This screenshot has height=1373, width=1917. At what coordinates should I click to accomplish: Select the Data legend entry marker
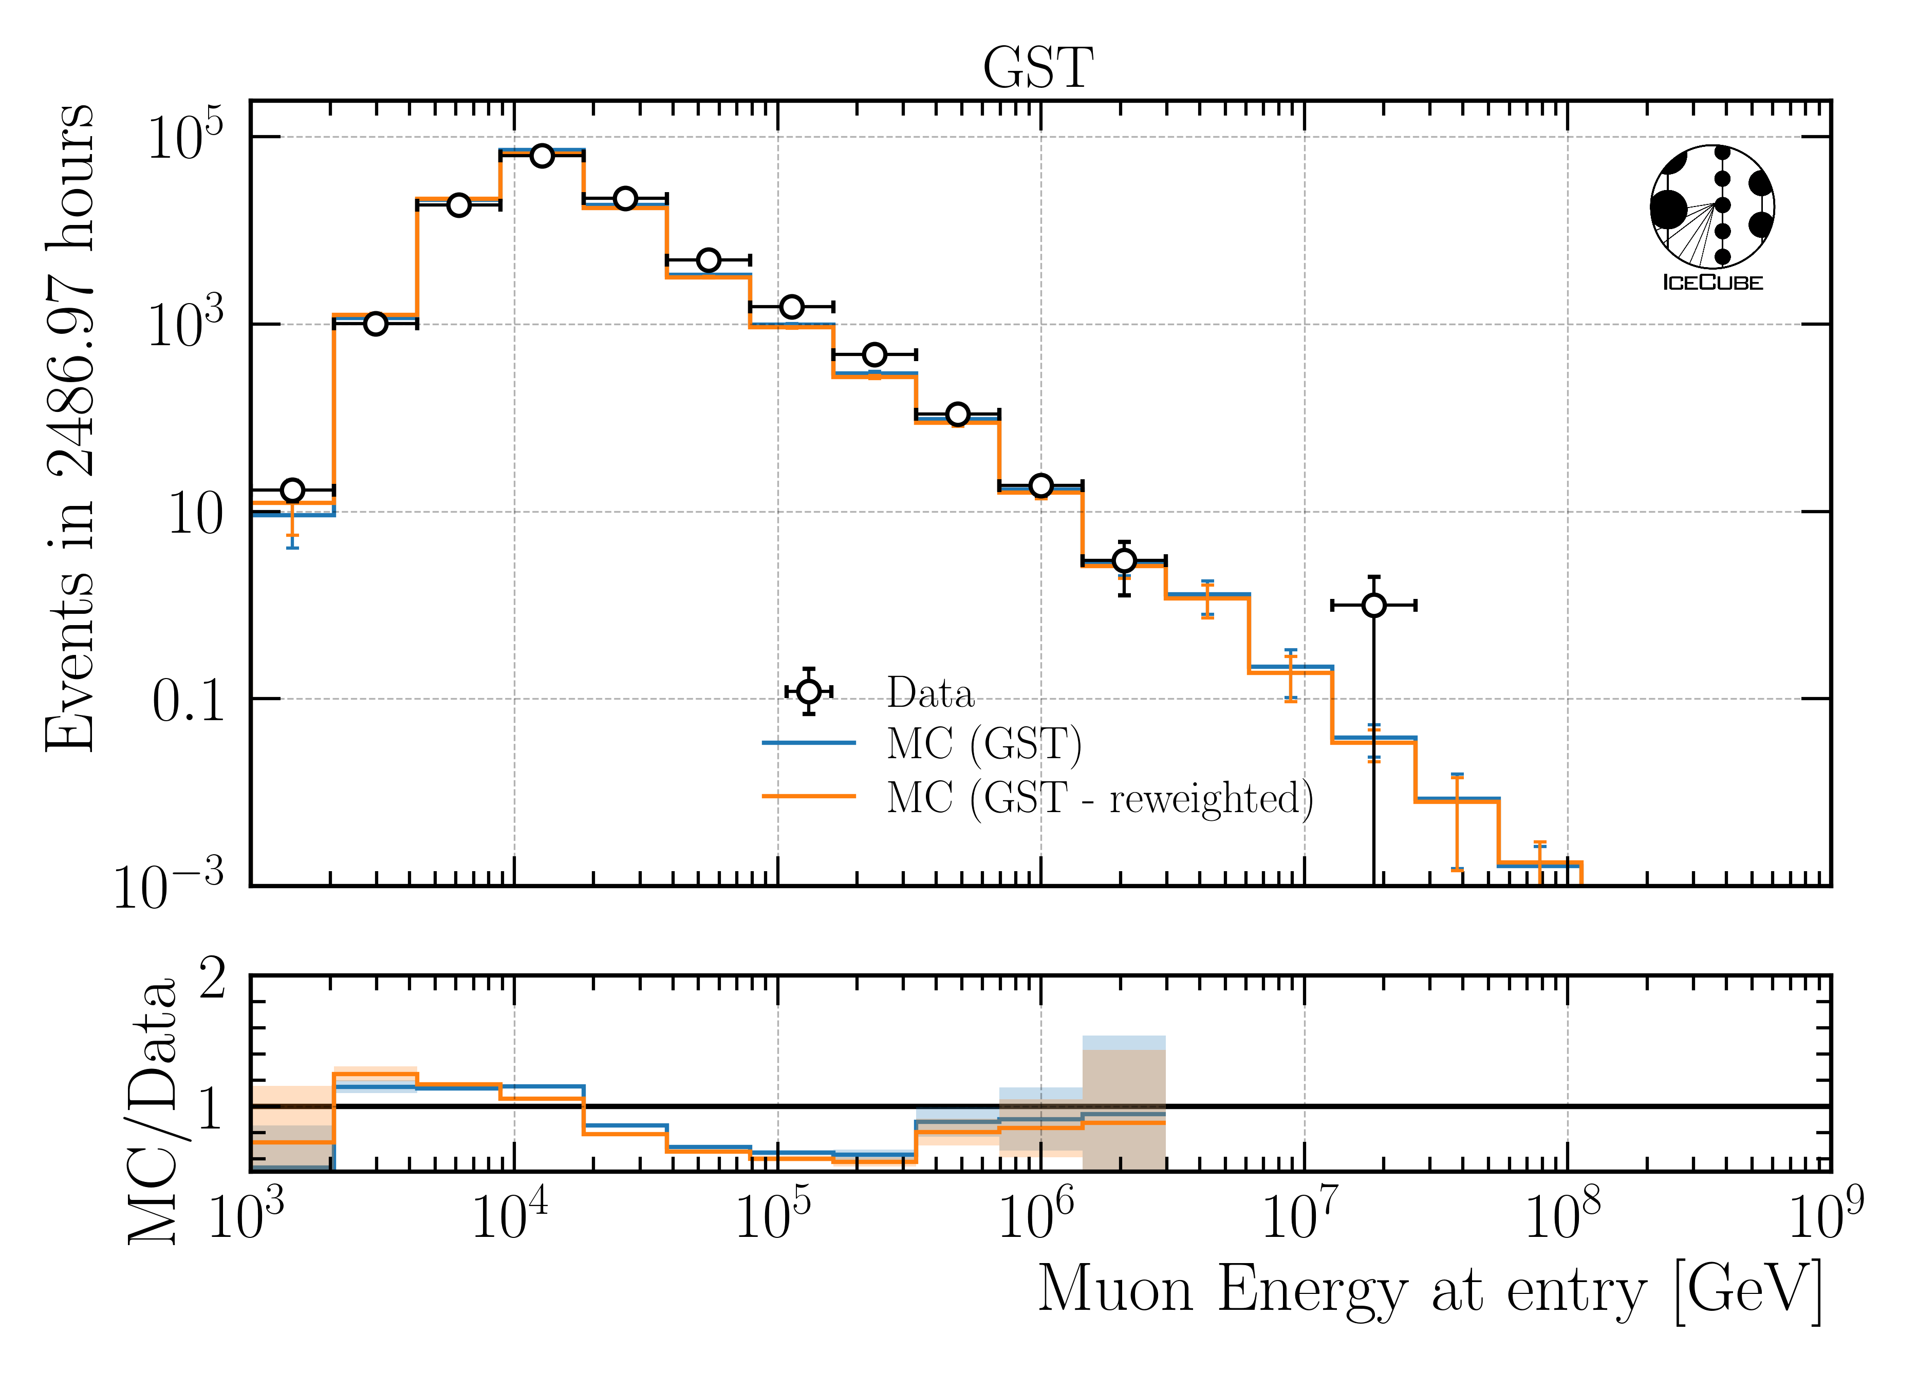pos(809,692)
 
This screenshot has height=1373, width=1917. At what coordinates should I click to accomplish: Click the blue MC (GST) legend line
pos(809,743)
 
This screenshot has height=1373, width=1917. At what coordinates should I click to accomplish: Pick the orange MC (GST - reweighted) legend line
pos(809,796)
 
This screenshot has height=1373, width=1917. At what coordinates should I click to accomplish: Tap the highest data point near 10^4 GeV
pos(542,156)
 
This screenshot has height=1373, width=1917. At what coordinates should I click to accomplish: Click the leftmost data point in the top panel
pos(292,490)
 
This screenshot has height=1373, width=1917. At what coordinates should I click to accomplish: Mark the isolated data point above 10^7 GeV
pos(1374,605)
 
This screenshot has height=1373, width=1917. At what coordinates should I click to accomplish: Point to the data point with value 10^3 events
pos(375,324)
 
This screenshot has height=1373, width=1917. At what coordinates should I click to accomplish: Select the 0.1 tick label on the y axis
pos(188,701)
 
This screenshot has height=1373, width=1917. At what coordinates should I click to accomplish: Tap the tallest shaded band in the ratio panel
pos(1124,1103)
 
